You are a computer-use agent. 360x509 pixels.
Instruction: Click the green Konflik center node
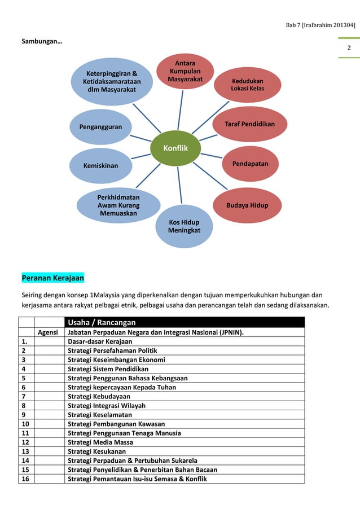click(x=175, y=148)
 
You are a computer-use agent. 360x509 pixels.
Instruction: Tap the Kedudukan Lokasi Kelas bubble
click(x=247, y=85)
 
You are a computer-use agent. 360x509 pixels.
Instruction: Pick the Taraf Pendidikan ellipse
click(x=250, y=124)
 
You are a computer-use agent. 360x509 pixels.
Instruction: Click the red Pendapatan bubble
click(x=250, y=164)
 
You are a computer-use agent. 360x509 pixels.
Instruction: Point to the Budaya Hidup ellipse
click(x=247, y=205)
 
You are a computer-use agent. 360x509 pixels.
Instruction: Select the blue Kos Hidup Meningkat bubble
click(x=184, y=226)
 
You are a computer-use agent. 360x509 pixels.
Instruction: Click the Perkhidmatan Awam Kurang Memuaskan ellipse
click(x=118, y=205)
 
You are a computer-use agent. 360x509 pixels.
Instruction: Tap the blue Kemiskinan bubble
click(x=101, y=166)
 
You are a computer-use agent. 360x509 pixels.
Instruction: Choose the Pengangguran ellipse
click(x=101, y=127)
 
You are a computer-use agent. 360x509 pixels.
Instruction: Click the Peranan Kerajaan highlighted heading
click(x=52, y=278)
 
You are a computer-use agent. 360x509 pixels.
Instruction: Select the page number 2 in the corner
click(x=349, y=47)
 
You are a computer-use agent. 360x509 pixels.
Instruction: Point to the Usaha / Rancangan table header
click(x=102, y=322)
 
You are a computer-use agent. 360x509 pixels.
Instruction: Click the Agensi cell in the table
click(x=48, y=332)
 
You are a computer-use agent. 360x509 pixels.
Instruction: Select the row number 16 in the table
click(x=25, y=479)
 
